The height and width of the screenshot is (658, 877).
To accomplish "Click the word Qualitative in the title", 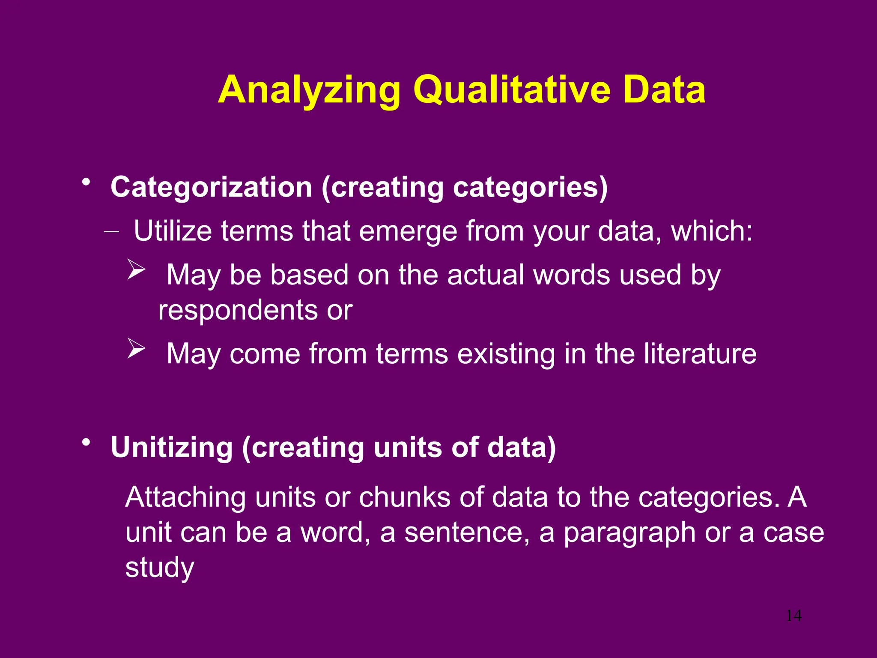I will pos(512,91).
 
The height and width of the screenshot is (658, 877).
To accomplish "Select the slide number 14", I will pos(793,616).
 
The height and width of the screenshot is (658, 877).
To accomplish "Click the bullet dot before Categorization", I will pos(87,182).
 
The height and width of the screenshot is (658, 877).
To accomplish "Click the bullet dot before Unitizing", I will pos(87,442).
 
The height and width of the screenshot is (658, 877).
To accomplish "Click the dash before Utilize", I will pos(111,231).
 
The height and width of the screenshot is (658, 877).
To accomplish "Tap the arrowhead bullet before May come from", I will pos(136,349).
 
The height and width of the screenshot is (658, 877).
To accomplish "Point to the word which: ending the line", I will pos(711,231).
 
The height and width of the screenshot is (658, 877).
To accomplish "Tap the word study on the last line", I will pos(160,568).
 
